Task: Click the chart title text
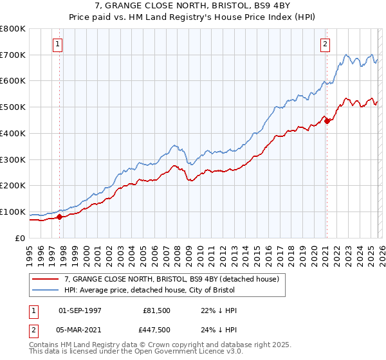point(193,11)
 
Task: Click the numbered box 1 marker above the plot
point(58,44)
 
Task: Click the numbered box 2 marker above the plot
point(325,44)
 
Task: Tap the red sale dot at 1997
point(60,217)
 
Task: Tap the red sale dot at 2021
point(327,120)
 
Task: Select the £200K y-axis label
point(14,185)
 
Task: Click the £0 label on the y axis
point(19,238)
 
